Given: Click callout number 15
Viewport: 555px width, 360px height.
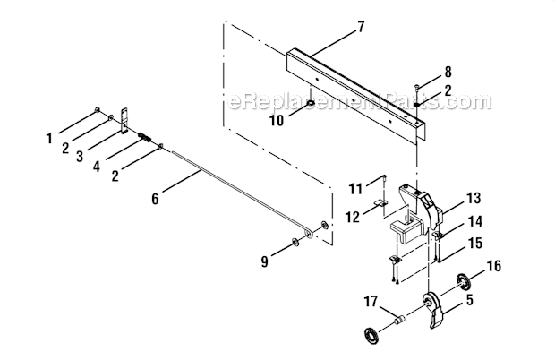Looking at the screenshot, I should click(474, 243).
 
